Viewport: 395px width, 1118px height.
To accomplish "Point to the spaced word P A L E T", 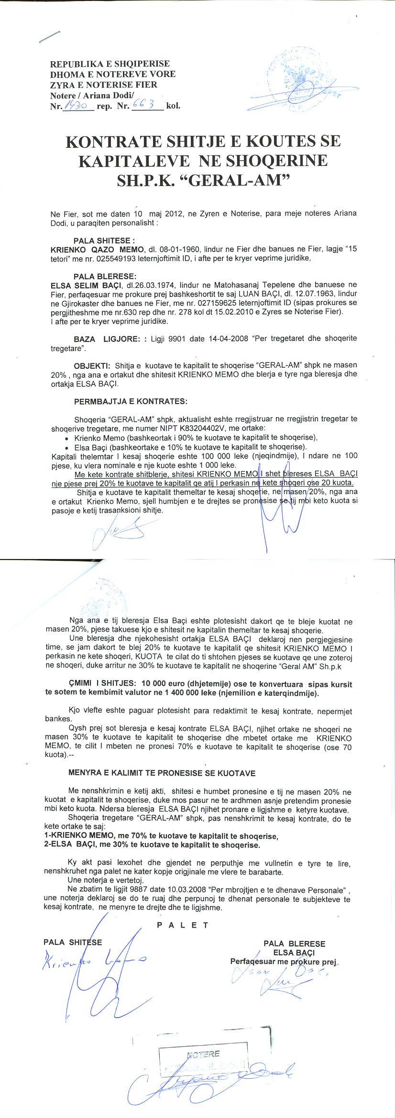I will [x=183, y=925].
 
